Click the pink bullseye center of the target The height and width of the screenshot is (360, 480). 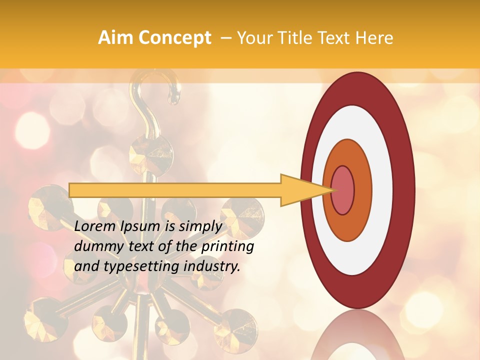(x=342, y=190)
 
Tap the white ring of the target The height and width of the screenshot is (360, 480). (x=382, y=190)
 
